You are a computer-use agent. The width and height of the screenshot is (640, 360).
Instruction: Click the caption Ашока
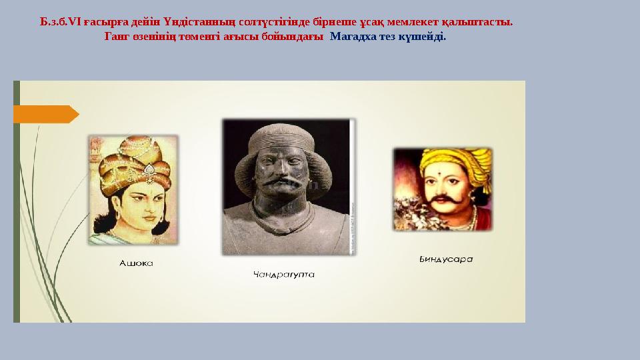[x=135, y=263]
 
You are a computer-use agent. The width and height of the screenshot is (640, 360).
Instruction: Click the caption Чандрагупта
[x=284, y=273]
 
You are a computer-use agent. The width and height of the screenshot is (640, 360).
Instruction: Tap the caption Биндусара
[x=441, y=259]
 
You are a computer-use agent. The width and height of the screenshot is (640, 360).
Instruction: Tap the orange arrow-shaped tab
[x=45, y=114]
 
